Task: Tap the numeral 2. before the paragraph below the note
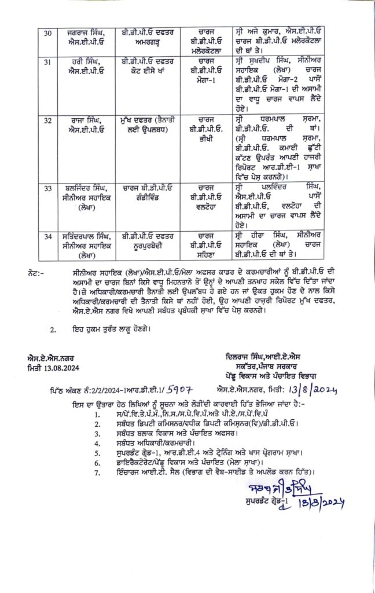(x=54, y=330)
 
